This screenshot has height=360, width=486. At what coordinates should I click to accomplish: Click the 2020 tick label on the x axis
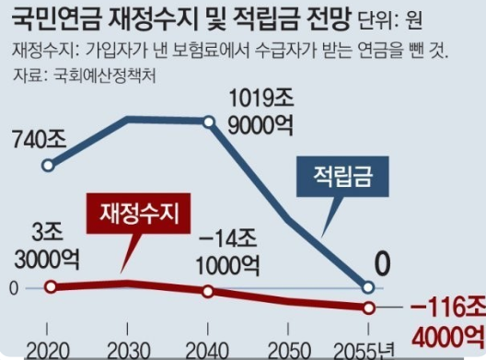click(x=51, y=351)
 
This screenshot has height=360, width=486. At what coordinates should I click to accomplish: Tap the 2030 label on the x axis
click(x=130, y=351)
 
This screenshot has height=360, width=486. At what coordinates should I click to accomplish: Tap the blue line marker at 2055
click(x=368, y=286)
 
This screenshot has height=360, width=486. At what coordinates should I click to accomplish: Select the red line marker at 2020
click(x=51, y=286)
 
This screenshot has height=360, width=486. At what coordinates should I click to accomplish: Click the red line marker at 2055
click(x=368, y=308)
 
